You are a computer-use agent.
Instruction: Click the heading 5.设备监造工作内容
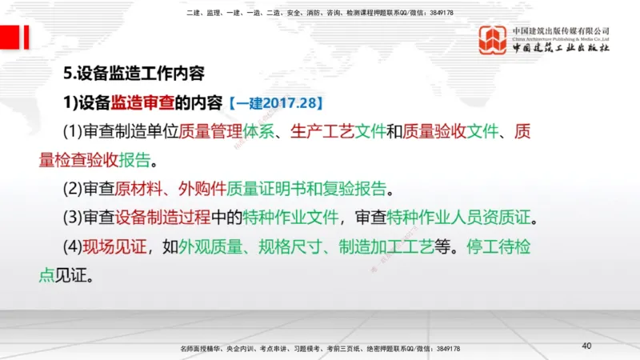[134, 74]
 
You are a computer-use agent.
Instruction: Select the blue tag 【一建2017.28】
[274, 103]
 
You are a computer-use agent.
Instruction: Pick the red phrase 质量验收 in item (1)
[434, 131]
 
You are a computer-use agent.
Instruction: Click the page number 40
[586, 346]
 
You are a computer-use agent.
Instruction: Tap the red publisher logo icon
[493, 40]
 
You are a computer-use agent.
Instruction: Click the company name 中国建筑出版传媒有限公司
[561, 31]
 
